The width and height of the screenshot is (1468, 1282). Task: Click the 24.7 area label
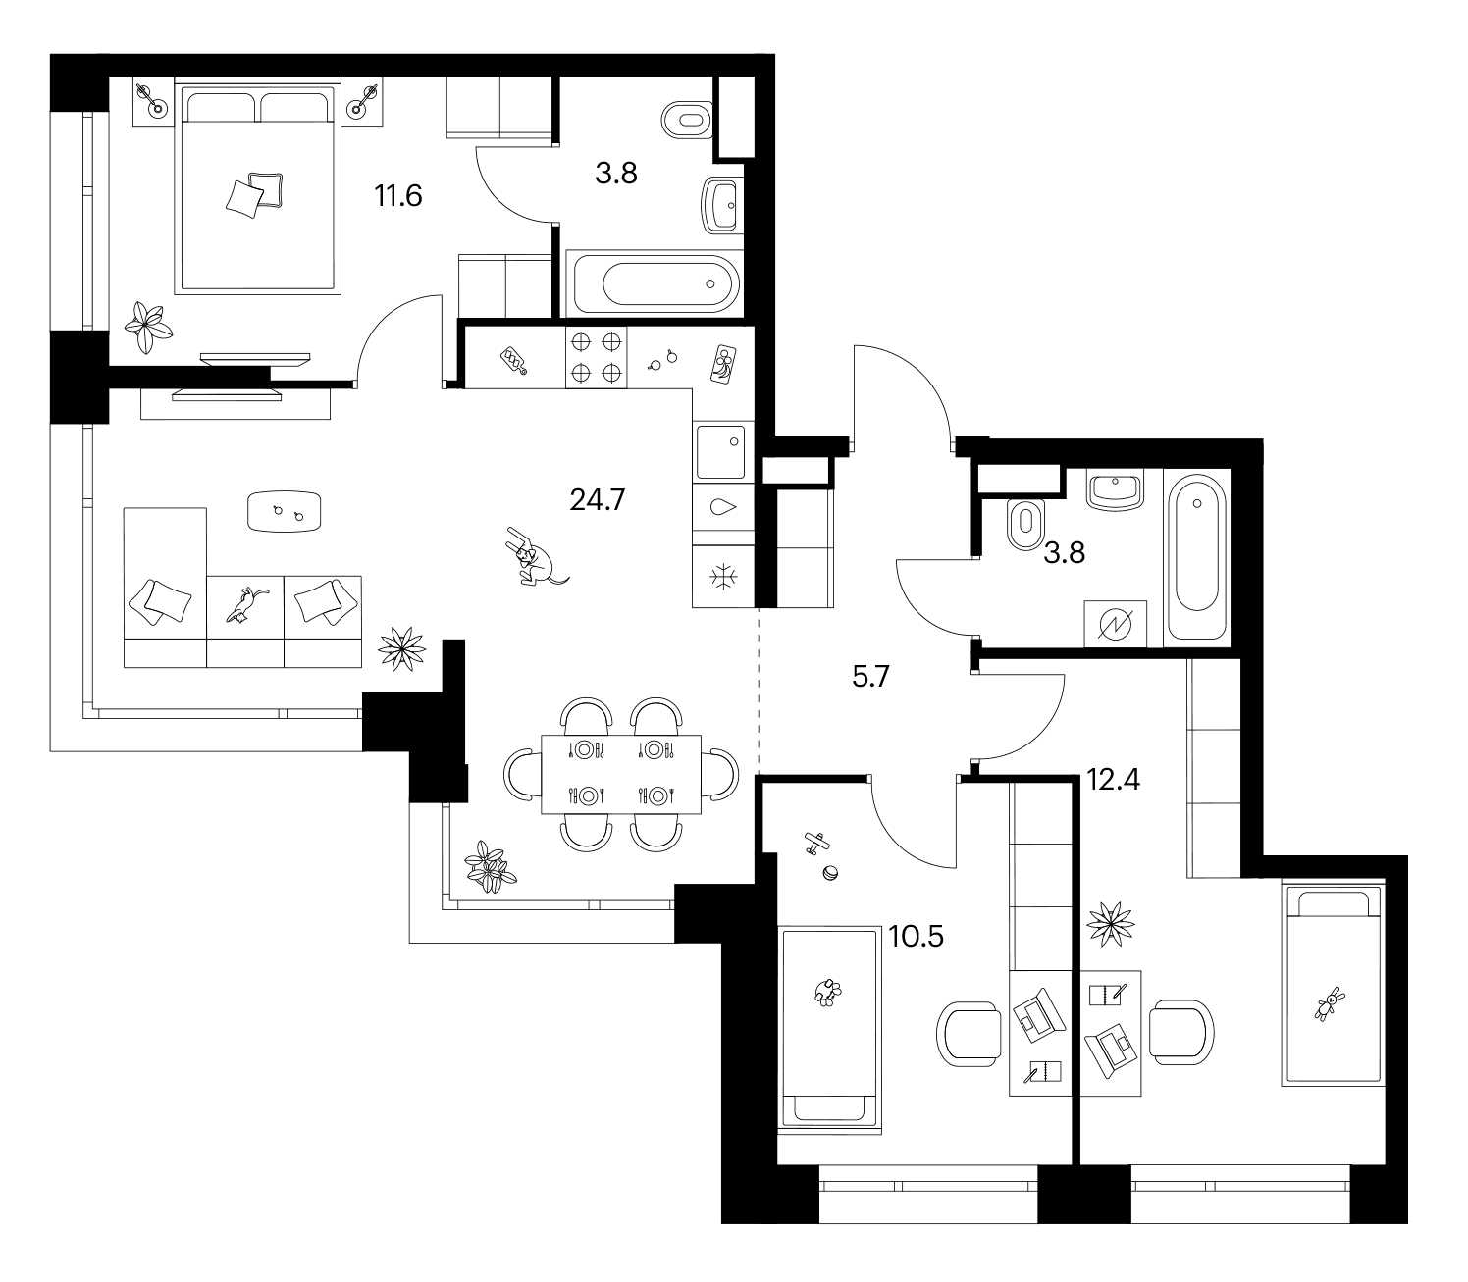pyautogui.click(x=597, y=499)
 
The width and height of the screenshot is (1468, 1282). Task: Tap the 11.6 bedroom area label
pyautogui.click(x=398, y=195)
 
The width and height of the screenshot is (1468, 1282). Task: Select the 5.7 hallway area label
pyautogui.click(x=870, y=676)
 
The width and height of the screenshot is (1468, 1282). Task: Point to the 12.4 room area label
pyautogui.click(x=1113, y=779)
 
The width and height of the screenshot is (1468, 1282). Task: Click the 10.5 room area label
pyautogui.click(x=917, y=937)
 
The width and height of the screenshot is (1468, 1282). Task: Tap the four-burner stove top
pyautogui.click(x=596, y=357)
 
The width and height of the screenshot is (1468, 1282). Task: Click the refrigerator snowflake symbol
pyautogui.click(x=722, y=577)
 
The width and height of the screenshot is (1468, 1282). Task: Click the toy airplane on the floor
pyautogui.click(x=816, y=843)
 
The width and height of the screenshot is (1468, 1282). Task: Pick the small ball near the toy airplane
pyautogui.click(x=830, y=873)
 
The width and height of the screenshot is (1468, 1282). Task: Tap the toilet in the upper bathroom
pyautogui.click(x=686, y=120)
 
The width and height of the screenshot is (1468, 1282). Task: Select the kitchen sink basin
pyautogui.click(x=721, y=451)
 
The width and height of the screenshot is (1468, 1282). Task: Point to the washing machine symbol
pyautogui.click(x=1115, y=624)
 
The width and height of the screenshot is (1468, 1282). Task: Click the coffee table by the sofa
pyautogui.click(x=284, y=511)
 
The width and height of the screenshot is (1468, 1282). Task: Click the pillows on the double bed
pyautogui.click(x=255, y=194)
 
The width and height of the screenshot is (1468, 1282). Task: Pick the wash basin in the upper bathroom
pyautogui.click(x=720, y=206)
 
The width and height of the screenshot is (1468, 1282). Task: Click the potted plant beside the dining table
pyautogui.click(x=490, y=867)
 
